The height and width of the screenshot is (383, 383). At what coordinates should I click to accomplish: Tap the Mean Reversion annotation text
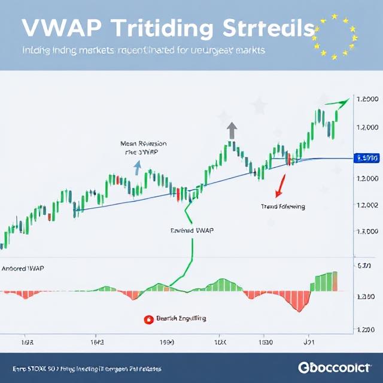click(143, 148)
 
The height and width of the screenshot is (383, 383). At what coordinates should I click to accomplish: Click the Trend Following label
click(282, 206)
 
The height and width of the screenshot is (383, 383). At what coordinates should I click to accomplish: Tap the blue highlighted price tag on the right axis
click(366, 159)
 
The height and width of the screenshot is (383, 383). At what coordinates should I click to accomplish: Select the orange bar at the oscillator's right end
click(335, 281)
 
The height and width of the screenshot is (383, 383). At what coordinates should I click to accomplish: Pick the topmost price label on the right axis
click(366, 99)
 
